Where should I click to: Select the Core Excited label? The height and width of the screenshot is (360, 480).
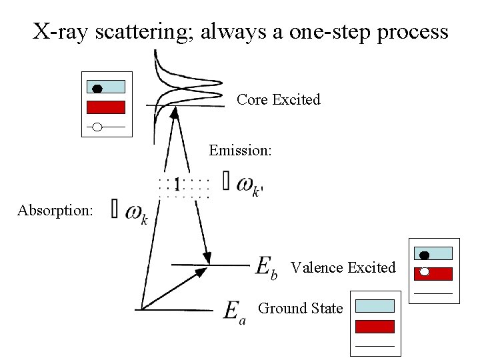click(278, 99)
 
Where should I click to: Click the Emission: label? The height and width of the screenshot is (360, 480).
click(240, 150)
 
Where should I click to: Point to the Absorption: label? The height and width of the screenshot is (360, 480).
click(55, 211)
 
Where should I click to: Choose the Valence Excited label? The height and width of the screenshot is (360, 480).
click(343, 267)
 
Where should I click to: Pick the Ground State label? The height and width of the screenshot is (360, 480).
click(300, 308)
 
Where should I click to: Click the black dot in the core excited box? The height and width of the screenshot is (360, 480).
click(97, 88)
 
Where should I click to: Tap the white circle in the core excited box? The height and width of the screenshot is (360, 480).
click(97, 126)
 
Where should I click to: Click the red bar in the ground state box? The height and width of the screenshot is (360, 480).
click(375, 326)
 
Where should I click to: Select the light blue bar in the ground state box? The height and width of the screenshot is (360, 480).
click(375, 306)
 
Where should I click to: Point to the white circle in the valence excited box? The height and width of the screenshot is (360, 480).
click(424, 271)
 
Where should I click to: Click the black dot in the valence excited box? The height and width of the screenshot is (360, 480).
click(424, 255)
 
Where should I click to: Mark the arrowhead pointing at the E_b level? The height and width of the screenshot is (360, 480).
click(207, 258)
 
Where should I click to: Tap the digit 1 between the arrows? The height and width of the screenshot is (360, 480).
click(177, 183)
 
